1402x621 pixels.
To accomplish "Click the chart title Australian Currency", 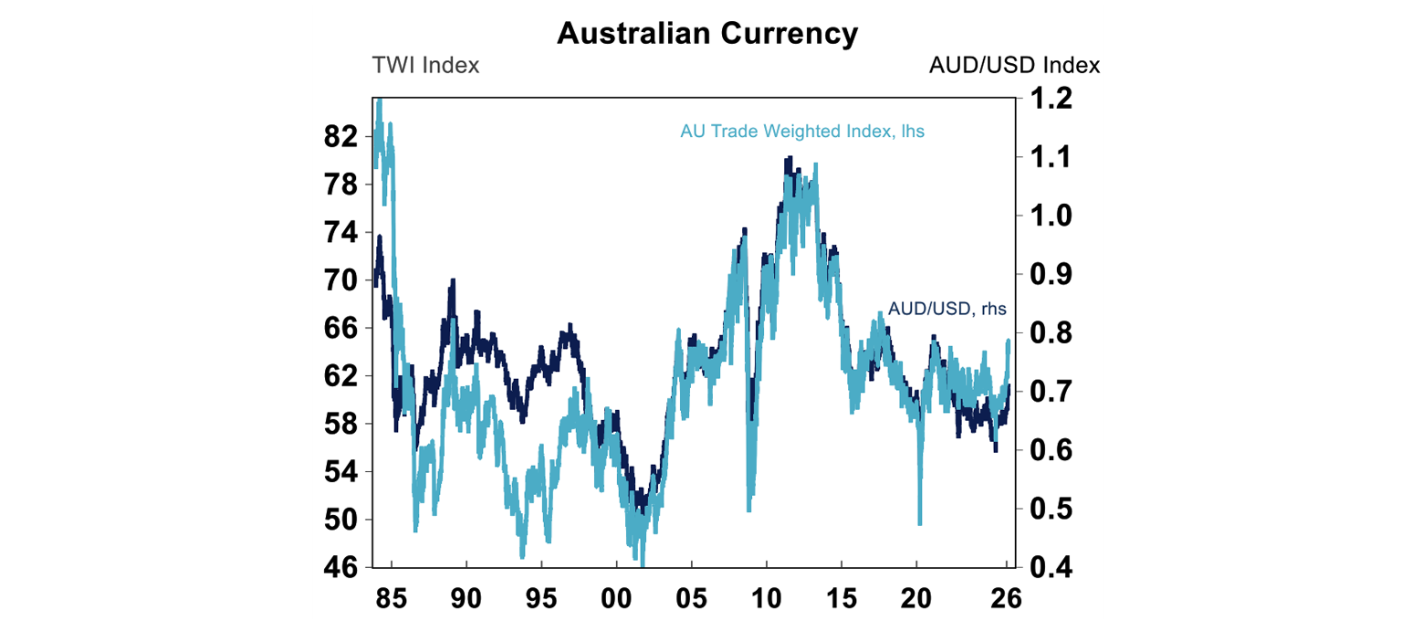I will [707, 34].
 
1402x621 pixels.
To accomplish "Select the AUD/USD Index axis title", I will [1014, 66].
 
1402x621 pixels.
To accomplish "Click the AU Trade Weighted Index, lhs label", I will [802, 131].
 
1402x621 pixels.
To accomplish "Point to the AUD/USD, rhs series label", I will [947, 310].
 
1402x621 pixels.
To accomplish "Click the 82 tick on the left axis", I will [341, 138].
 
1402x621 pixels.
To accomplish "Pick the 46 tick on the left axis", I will [341, 568].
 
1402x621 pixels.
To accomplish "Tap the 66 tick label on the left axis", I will [341, 329].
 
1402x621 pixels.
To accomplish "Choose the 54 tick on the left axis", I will [341, 472].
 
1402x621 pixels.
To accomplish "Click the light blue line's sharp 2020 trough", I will [919, 523].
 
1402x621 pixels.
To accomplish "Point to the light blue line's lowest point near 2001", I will [643, 565].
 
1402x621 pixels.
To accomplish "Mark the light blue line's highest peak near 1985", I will [379, 100].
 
